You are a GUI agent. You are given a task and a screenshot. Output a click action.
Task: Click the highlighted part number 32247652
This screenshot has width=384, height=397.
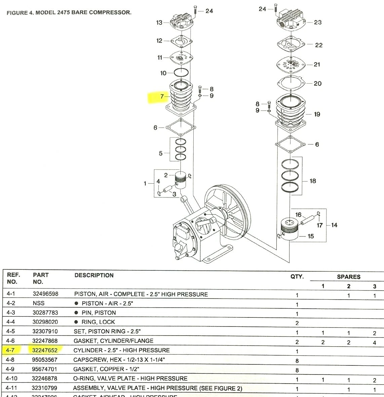click(45, 350)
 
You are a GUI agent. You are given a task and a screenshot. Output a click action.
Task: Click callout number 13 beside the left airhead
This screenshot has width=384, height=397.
click(159, 23)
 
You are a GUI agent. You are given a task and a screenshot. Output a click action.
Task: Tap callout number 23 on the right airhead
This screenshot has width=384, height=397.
click(318, 22)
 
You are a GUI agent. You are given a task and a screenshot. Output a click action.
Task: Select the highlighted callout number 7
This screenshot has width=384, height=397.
click(162, 97)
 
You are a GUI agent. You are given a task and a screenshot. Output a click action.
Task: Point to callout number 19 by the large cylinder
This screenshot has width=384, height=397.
click(317, 114)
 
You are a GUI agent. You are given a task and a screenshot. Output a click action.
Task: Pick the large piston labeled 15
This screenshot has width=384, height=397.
click(290, 229)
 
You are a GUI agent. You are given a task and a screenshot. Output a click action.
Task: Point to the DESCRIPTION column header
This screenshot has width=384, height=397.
click(94, 275)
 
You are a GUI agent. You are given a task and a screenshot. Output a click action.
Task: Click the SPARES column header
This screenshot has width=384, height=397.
click(348, 277)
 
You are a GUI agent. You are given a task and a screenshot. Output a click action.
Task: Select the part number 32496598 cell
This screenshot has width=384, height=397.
click(45, 294)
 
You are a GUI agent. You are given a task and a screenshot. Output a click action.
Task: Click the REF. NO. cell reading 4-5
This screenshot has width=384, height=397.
click(11, 331)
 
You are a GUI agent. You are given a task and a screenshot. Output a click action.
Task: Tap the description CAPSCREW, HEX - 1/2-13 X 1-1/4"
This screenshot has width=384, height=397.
click(119, 359)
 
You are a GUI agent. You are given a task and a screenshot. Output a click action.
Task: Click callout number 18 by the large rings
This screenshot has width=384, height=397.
click(313, 181)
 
